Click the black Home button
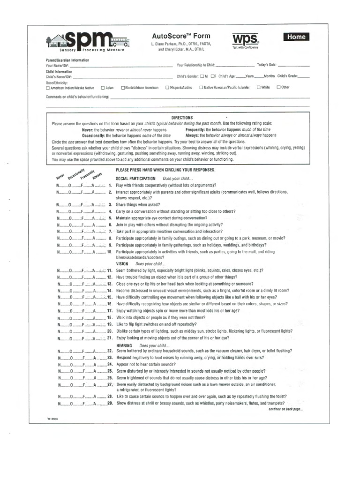296,37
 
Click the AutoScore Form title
181,36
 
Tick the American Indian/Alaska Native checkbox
48,88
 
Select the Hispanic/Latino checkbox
167,88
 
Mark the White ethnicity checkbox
258,87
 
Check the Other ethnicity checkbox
278,87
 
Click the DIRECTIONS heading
182,118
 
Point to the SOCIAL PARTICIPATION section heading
135,179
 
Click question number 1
110,186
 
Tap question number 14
109,291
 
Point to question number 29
110,403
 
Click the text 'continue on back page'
285,409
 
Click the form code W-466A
51,419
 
